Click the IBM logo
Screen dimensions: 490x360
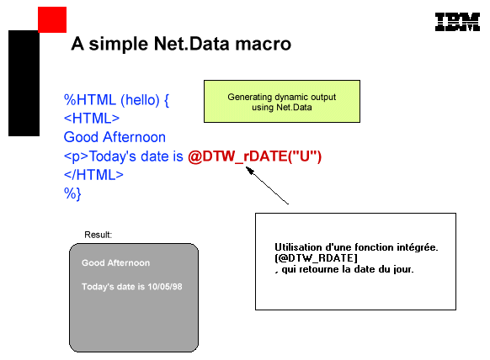coord(457,22)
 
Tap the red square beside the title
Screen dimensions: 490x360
coord(52,19)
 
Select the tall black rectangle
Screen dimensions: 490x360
coord(24,83)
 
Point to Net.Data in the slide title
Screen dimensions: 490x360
coord(192,44)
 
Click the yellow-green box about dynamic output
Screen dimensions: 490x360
coord(282,102)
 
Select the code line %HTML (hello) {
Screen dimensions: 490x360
coord(116,100)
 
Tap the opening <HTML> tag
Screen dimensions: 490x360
coord(92,119)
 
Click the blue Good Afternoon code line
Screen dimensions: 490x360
coord(115,137)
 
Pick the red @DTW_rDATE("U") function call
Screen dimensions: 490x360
coord(255,156)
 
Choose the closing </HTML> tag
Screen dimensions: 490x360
coord(93,175)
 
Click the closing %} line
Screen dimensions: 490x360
coord(72,193)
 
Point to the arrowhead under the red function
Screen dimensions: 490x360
coord(248,170)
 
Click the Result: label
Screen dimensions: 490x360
coord(99,235)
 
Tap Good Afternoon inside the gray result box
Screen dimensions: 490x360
coord(115,263)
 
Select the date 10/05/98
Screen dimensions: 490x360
coord(165,287)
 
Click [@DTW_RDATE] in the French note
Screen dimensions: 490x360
coord(316,258)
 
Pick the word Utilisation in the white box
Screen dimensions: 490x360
coord(298,247)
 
